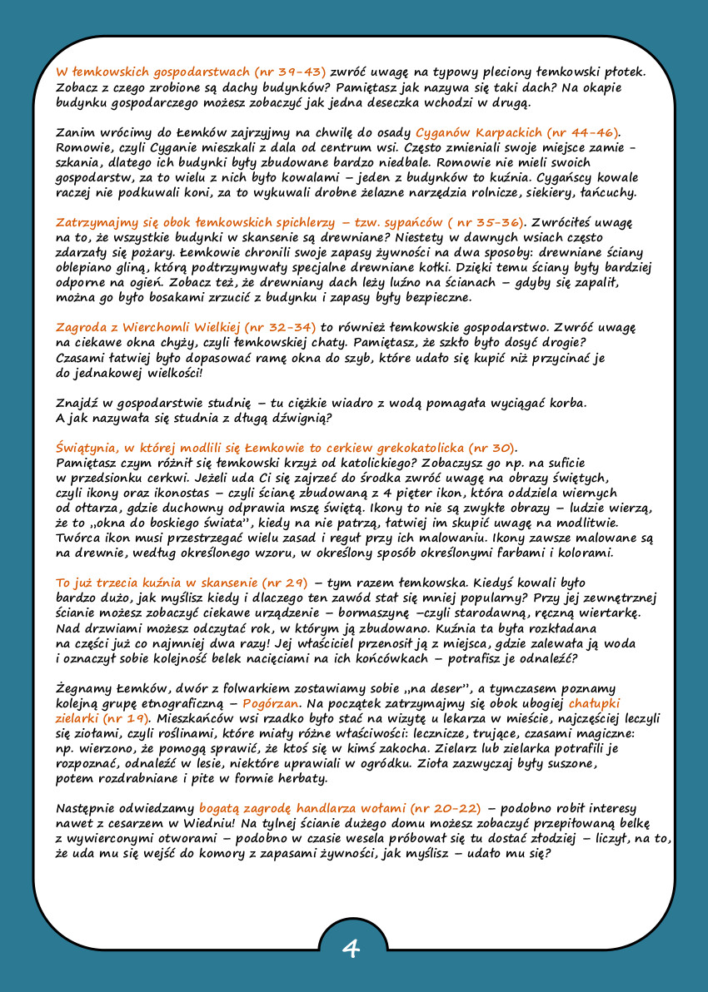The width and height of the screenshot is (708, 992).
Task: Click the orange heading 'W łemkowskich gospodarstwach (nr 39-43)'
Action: [x=191, y=72]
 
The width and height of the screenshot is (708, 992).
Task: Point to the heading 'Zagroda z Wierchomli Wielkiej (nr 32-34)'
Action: [x=187, y=328]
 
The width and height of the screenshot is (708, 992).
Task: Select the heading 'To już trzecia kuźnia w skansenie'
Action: [x=181, y=582]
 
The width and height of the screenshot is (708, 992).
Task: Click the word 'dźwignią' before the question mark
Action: [x=297, y=418]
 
